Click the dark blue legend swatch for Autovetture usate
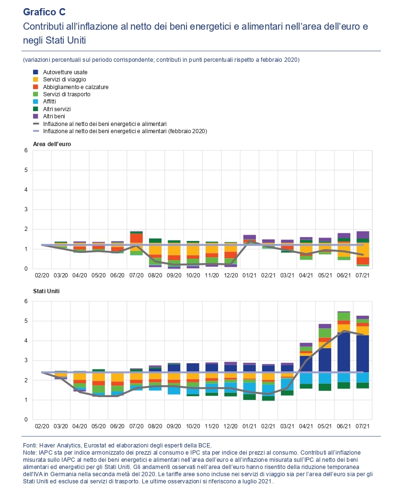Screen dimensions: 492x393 pyautogui.click(x=35, y=72)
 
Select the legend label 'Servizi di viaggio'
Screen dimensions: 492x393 pyautogui.click(x=65, y=80)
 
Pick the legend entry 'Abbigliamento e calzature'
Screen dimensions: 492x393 pyautogui.click(x=75, y=87)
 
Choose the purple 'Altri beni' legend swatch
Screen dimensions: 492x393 pyautogui.click(x=35, y=116)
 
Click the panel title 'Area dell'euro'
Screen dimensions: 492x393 pyautogui.click(x=52, y=144)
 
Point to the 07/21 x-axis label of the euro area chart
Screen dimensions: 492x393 pyautogui.click(x=363, y=276)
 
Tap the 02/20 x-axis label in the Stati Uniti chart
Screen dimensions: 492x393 pyautogui.click(x=42, y=425)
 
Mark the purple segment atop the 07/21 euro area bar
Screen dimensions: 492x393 pyautogui.click(x=363, y=235)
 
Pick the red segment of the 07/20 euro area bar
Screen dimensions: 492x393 pyautogui.click(x=137, y=238)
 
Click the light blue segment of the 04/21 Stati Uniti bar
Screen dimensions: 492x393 pyautogui.click(x=306, y=378)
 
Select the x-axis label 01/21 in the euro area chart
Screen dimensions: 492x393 pyautogui.click(x=250, y=276)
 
